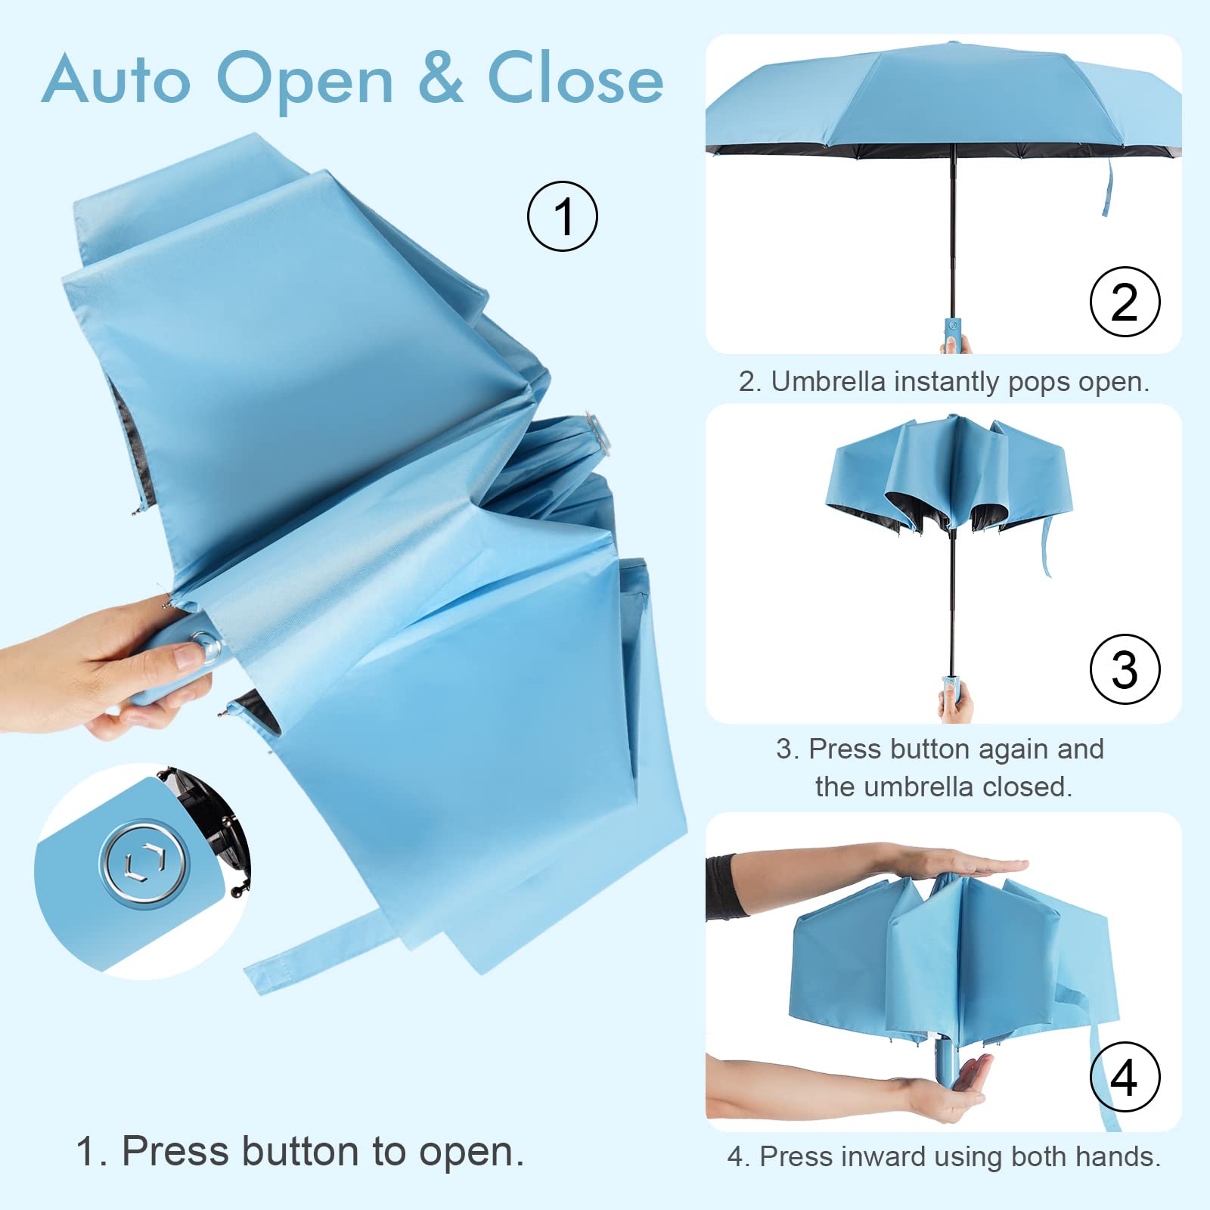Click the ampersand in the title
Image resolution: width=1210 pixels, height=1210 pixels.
(440, 79)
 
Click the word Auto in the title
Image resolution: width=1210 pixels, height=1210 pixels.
(117, 79)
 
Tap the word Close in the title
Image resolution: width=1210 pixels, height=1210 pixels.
(575, 79)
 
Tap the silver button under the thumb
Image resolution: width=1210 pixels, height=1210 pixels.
(206, 647)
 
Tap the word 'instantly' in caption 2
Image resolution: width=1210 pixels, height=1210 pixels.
(948, 382)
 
